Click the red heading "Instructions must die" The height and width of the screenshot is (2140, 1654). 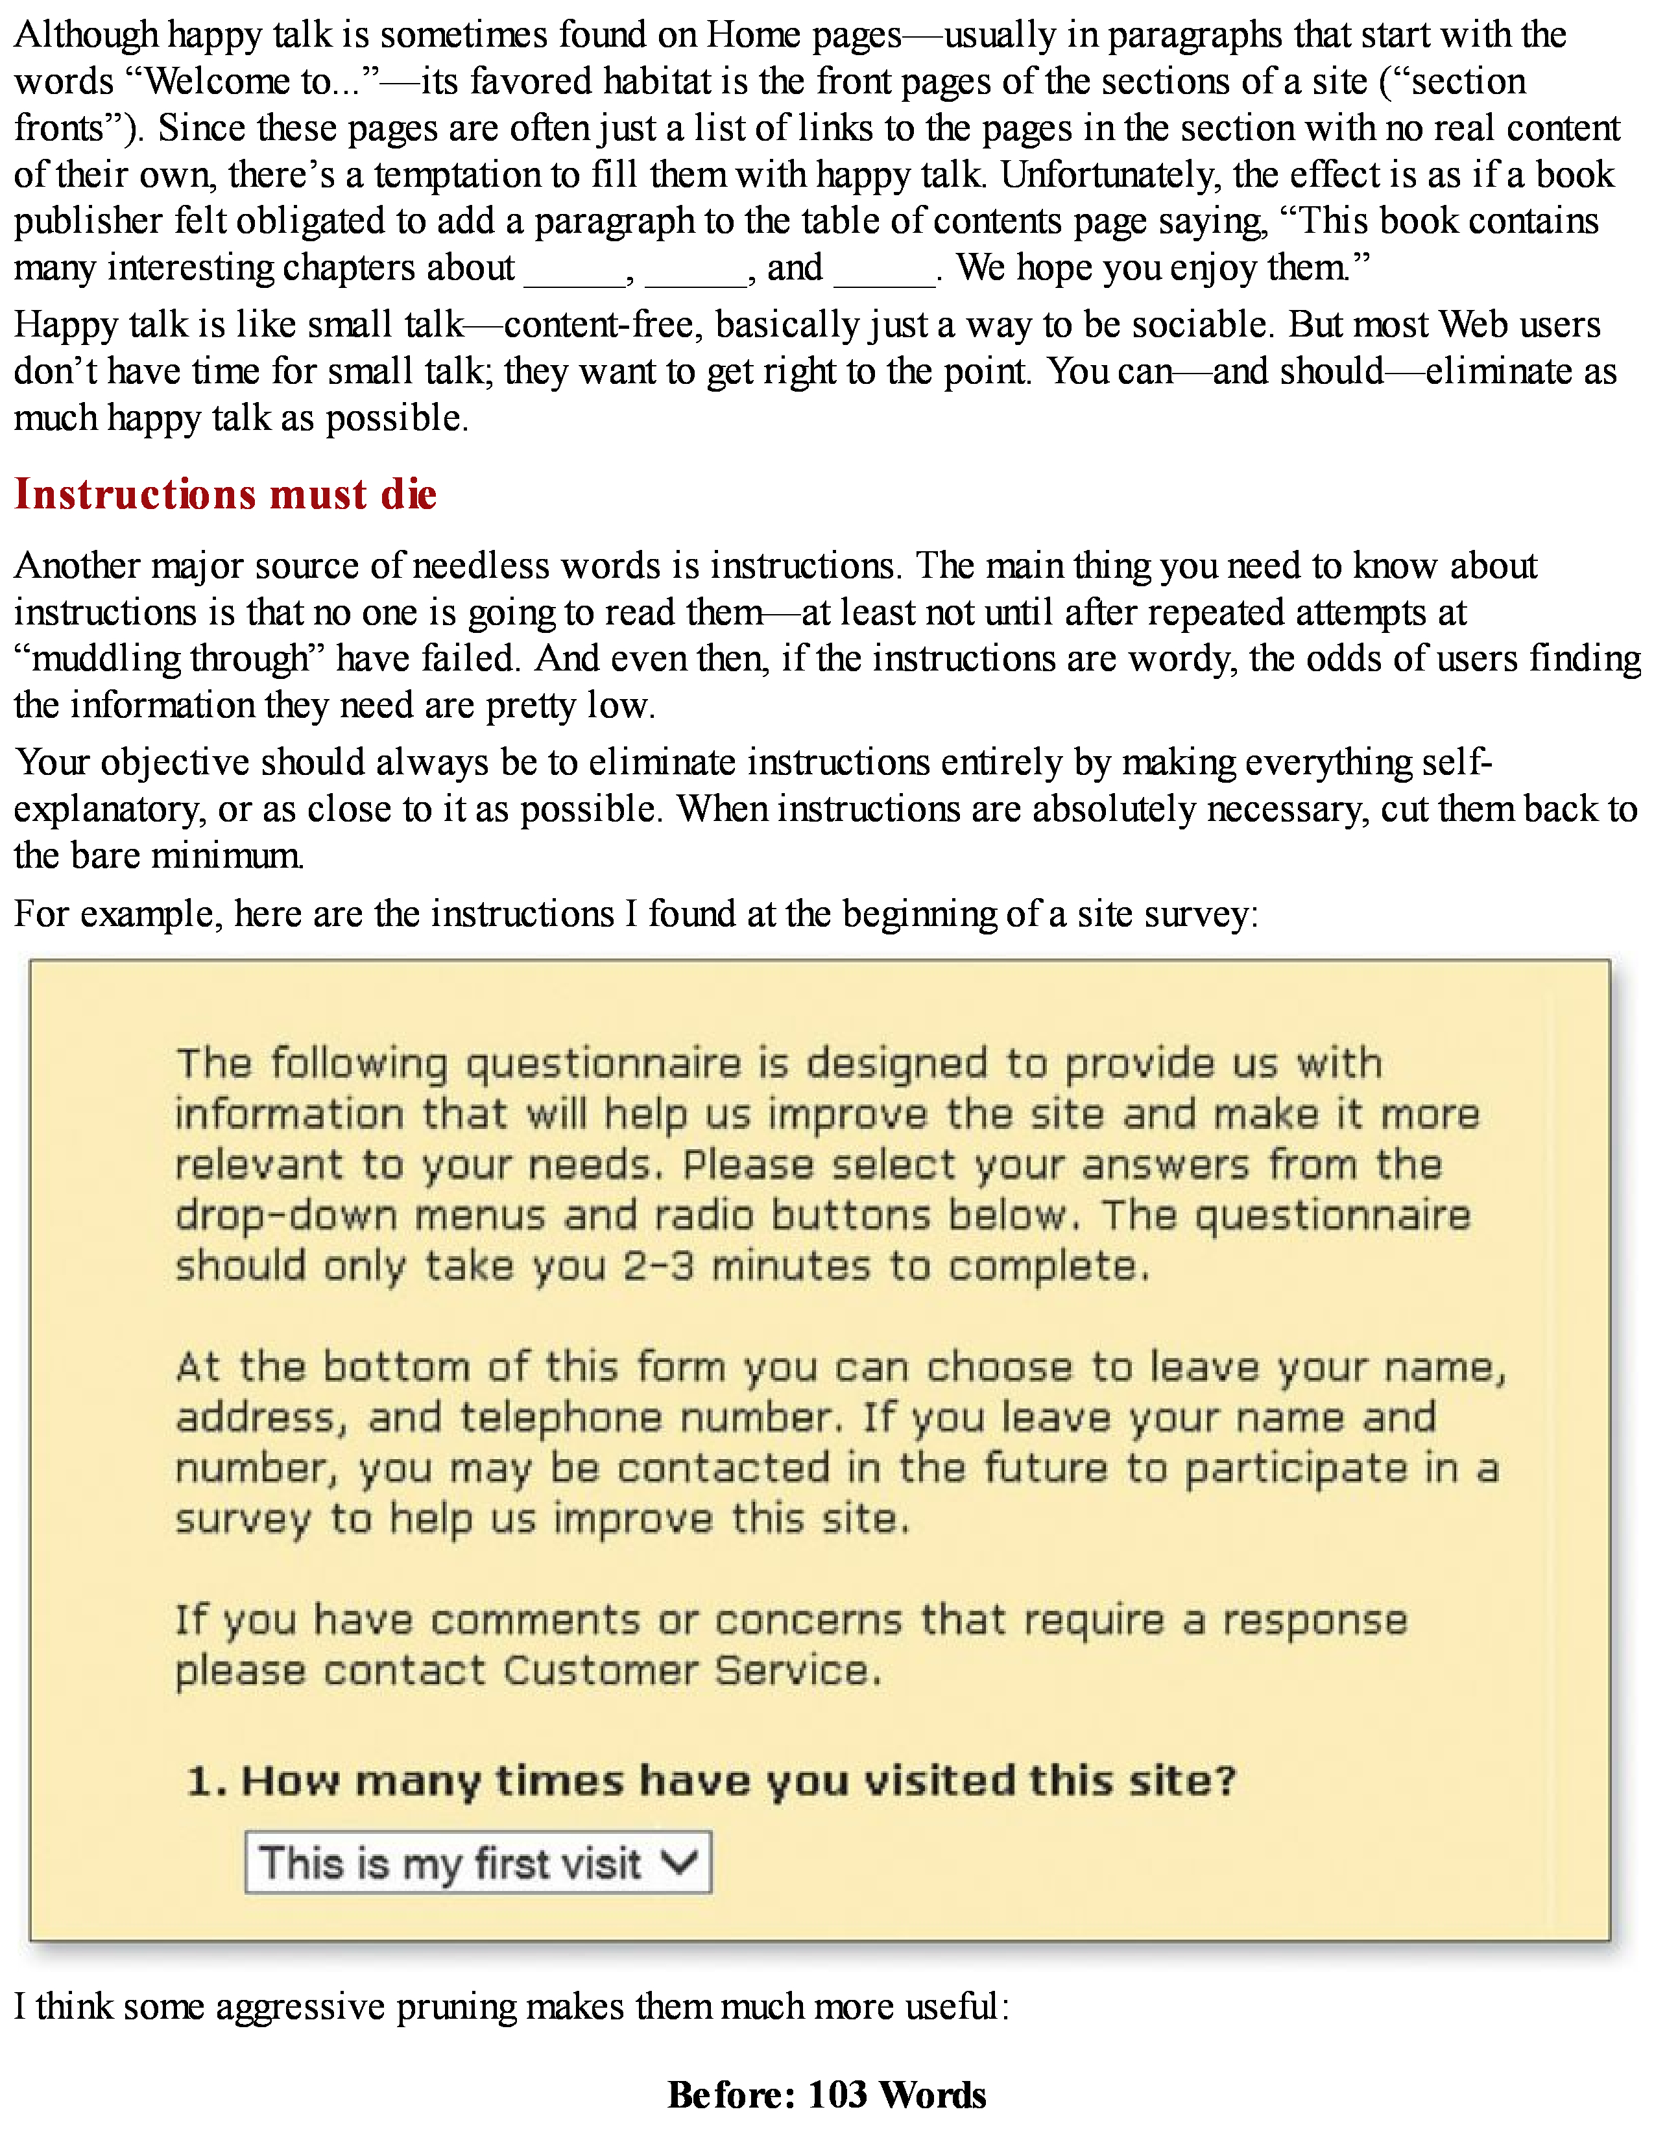225,494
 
